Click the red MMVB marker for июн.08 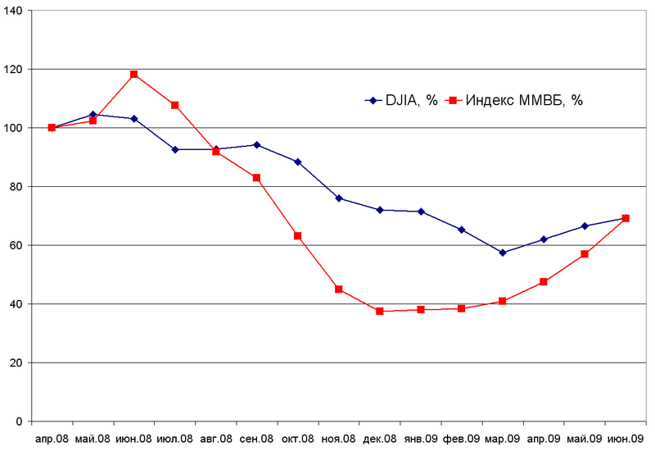[x=133, y=75]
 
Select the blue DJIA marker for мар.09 [x=502, y=253]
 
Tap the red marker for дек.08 [x=379, y=312]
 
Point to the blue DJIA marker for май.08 [x=93, y=115]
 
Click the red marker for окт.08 [x=297, y=236]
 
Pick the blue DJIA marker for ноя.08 [x=338, y=198]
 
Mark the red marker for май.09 [x=584, y=254]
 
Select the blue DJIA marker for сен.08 [x=256, y=145]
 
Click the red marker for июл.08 [x=174, y=105]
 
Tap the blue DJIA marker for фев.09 [x=461, y=230]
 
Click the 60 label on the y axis [x=17, y=245]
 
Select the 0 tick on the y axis [x=20, y=421]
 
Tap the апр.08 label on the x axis [x=52, y=438]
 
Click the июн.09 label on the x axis [x=625, y=438]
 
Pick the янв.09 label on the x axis [x=420, y=438]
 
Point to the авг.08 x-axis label [x=215, y=438]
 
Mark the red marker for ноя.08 [x=338, y=289]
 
